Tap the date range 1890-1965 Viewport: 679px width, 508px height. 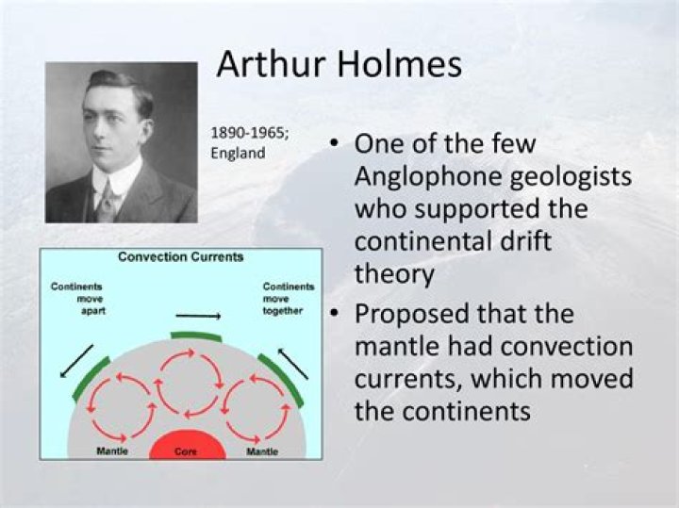pos(250,133)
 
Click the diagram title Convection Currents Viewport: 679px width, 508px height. pos(180,257)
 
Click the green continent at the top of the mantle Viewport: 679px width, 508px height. pos(195,335)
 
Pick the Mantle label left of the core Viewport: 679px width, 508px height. pos(113,452)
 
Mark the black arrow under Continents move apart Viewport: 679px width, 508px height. pos(76,361)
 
